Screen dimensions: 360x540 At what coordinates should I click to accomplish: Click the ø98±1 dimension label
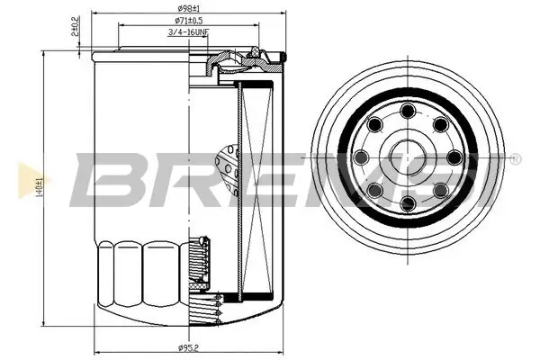(189, 10)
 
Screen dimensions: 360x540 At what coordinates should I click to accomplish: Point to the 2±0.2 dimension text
(76, 25)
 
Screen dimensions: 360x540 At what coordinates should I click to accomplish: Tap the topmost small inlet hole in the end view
(407, 111)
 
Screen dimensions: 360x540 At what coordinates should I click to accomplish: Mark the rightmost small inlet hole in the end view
(454, 158)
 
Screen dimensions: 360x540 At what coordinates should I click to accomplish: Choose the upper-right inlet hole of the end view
(440, 125)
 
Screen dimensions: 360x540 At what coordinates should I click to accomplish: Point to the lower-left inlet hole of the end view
(373, 192)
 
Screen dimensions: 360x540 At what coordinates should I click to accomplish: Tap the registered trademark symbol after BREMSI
(514, 158)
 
